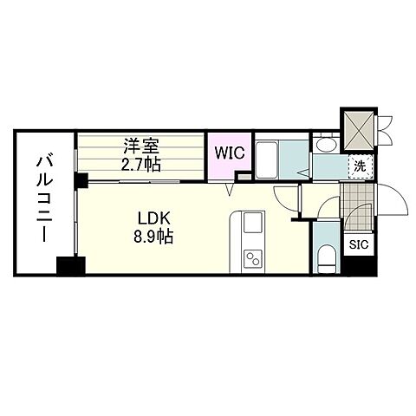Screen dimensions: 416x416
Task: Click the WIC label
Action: [x=229, y=154]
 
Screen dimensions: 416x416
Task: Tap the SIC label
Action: [x=357, y=245]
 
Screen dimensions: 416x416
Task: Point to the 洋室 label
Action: [x=140, y=146]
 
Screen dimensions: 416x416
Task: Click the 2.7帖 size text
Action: [x=140, y=163]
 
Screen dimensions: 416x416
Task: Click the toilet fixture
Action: [x=325, y=257]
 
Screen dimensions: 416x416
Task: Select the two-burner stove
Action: [x=253, y=258]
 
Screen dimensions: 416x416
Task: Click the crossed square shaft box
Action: [x=358, y=127]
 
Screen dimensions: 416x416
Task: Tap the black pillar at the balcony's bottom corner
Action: [x=68, y=265]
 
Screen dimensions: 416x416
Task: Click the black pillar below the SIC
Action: [x=357, y=267]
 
